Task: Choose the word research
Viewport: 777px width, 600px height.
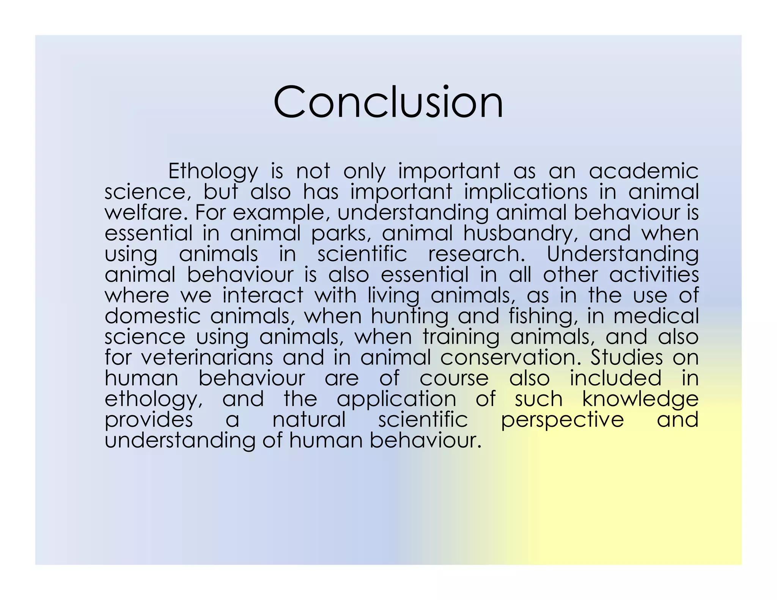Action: [477, 254]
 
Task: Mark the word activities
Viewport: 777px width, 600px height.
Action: [654, 274]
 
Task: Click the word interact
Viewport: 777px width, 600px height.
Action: [263, 295]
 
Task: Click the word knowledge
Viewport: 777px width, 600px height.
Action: [640, 399]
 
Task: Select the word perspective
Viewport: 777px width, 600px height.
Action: [562, 420]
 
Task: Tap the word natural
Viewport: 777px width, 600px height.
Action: [309, 419]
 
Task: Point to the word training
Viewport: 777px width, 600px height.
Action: [461, 337]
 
